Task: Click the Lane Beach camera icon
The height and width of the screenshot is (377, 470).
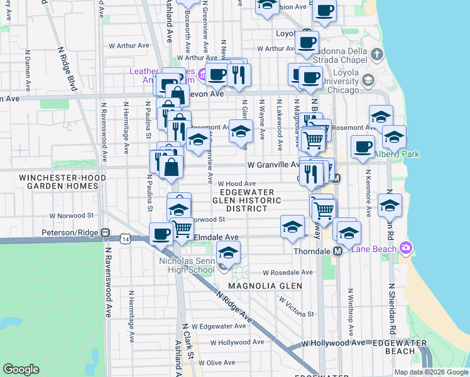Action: pyautogui.click(x=406, y=248)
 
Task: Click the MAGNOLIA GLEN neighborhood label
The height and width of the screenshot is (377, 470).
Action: pyautogui.click(x=265, y=286)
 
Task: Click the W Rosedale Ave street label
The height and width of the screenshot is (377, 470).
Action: pyautogui.click(x=287, y=273)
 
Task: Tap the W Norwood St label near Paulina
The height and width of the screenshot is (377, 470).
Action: pyautogui.click(x=75, y=216)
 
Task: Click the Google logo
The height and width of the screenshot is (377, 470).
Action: pyautogui.click(x=21, y=369)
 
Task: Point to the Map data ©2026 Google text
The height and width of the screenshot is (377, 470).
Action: pyautogui.click(x=431, y=372)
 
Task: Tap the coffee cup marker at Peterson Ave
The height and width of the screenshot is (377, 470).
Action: pyautogui.click(x=161, y=234)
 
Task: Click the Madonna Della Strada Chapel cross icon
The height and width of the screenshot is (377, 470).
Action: pyautogui.click(x=376, y=54)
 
